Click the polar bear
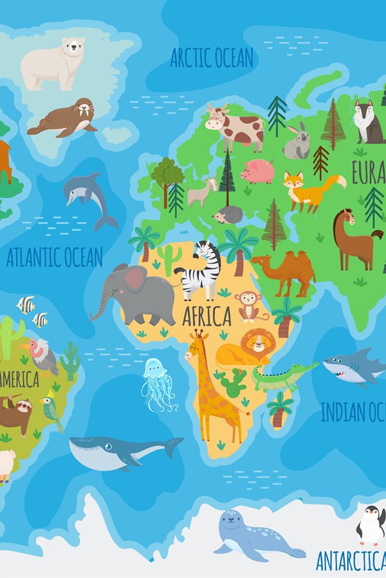point(55,63)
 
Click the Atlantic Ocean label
point(54,258)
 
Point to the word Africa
point(207,316)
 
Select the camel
point(285,270)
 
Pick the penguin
point(371,525)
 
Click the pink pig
point(259,171)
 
